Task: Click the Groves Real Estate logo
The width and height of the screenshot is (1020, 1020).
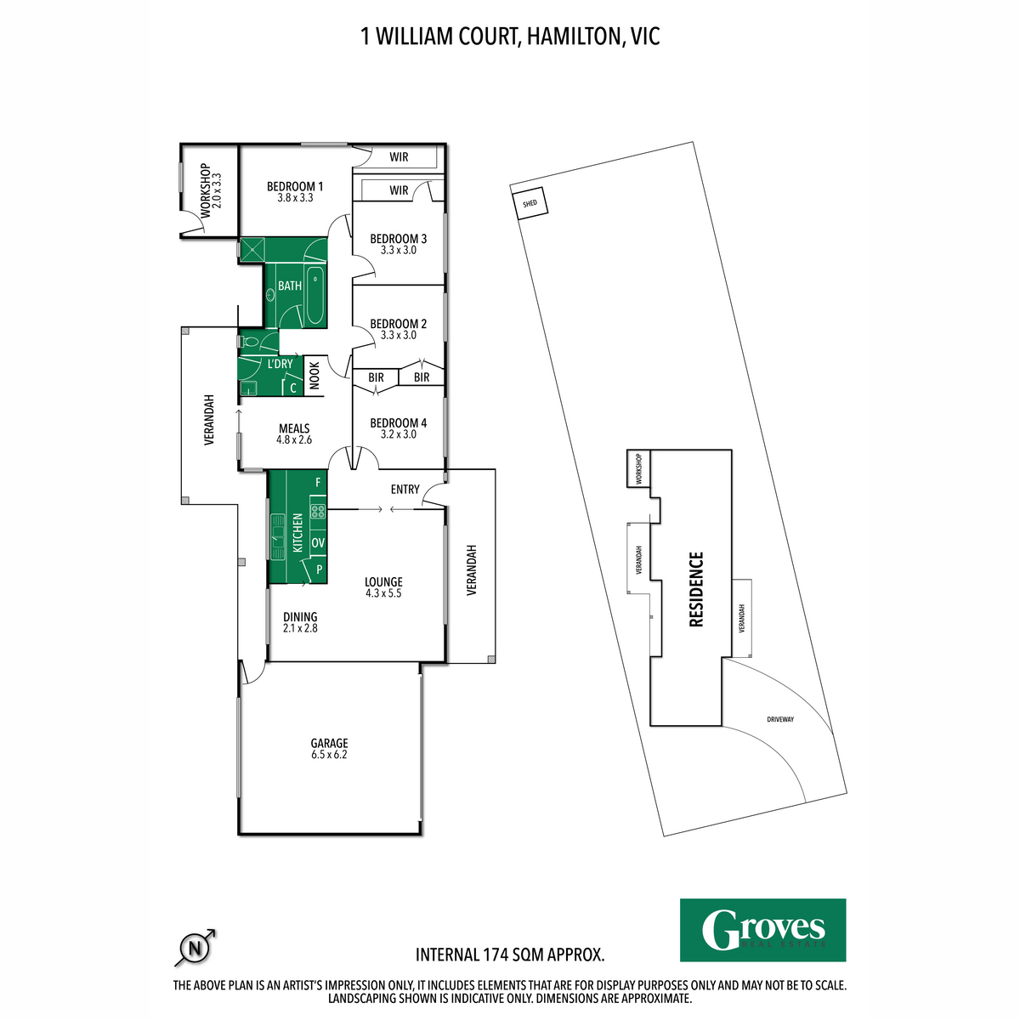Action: [762, 930]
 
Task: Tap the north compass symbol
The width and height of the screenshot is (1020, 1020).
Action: [195, 947]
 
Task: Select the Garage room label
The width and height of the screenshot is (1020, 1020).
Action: [329, 743]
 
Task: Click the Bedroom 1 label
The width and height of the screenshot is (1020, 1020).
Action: [294, 187]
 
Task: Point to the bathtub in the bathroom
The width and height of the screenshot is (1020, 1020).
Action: [315, 297]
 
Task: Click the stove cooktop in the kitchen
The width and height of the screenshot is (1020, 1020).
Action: [318, 511]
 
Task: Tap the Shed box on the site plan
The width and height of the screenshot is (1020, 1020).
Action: [530, 204]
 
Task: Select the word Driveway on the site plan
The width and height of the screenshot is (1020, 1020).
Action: [779, 720]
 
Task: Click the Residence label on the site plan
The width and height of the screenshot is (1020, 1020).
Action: [696, 589]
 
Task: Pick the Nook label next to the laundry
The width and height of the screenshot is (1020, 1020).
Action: [314, 376]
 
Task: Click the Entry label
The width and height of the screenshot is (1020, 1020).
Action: [405, 490]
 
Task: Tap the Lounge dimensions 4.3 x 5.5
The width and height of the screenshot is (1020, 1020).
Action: [382, 593]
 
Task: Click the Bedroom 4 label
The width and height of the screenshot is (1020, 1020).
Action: [398, 423]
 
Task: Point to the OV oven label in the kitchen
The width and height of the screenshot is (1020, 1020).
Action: [317, 542]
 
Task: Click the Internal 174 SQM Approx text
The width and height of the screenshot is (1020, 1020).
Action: [510, 955]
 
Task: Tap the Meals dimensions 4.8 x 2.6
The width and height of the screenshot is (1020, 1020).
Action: [294, 440]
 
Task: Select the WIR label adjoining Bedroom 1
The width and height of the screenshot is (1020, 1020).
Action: [399, 157]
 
